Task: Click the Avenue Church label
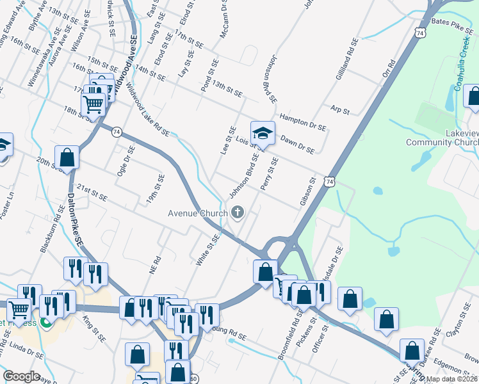click(x=197, y=213)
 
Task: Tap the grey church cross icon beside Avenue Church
click(x=238, y=212)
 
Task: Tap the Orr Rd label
click(x=387, y=76)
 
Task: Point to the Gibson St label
click(x=309, y=193)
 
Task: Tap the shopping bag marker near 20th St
click(x=67, y=157)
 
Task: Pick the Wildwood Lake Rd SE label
click(x=147, y=109)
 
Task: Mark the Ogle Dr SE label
click(x=125, y=159)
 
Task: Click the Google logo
click(x=21, y=376)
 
